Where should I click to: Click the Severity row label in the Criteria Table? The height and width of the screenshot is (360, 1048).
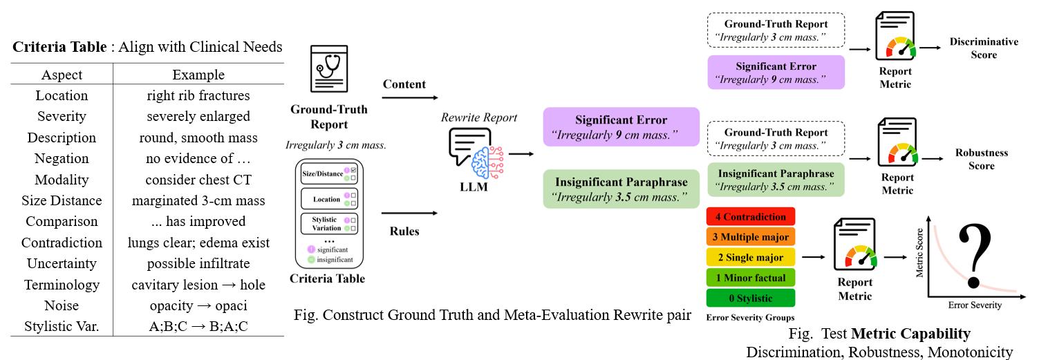[62, 116]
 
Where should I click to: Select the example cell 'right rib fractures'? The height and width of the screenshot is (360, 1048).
[198, 95]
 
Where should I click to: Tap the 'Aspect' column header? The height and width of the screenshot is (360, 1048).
[62, 75]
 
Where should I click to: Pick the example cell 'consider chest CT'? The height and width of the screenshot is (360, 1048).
[198, 180]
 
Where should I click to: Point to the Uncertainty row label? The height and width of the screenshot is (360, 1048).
[62, 263]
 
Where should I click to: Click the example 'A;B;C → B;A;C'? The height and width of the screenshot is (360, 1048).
[198, 326]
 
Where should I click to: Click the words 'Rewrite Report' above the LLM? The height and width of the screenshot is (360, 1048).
[479, 117]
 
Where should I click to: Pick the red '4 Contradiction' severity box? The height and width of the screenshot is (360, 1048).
[750, 217]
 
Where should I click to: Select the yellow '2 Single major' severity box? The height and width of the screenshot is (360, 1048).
[750, 257]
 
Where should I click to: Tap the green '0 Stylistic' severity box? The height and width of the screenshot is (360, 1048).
[750, 299]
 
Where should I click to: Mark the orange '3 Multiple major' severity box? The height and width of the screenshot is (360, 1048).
[750, 237]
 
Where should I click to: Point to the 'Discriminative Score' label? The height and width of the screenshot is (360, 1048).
[983, 48]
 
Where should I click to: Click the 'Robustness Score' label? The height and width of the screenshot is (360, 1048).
[981, 159]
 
